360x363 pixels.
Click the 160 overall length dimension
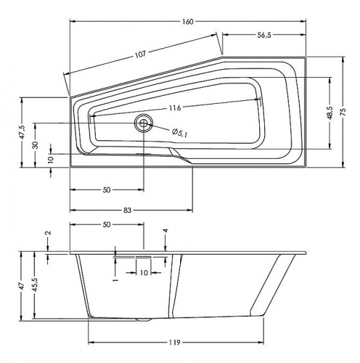coord(188,22)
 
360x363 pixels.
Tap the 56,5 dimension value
coord(264,35)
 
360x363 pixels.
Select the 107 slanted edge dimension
coord(141,54)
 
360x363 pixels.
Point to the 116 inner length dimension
coord(175,107)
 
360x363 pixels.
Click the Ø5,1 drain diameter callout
coord(180,133)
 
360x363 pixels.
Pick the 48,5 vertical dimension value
coord(330,113)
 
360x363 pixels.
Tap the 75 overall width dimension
coord(343,112)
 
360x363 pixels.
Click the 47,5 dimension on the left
coord(22,132)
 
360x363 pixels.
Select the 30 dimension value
coord(36,145)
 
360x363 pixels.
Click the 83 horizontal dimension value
coord(127,211)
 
